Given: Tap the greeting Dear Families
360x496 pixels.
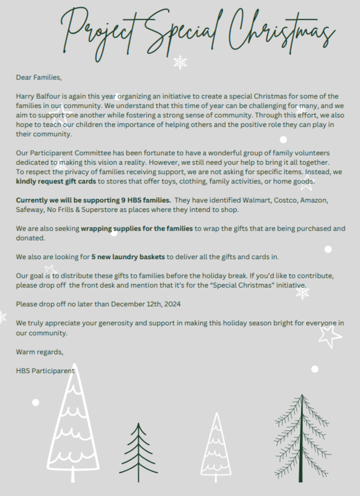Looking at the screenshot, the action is click(x=39, y=78).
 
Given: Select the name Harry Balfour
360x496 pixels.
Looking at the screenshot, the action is click(x=40, y=96).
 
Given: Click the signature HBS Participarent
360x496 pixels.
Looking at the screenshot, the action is click(x=45, y=371).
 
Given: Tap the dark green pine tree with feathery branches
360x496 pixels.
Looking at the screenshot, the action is click(x=301, y=436).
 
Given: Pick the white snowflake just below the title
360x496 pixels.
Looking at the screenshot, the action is click(x=180, y=62).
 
